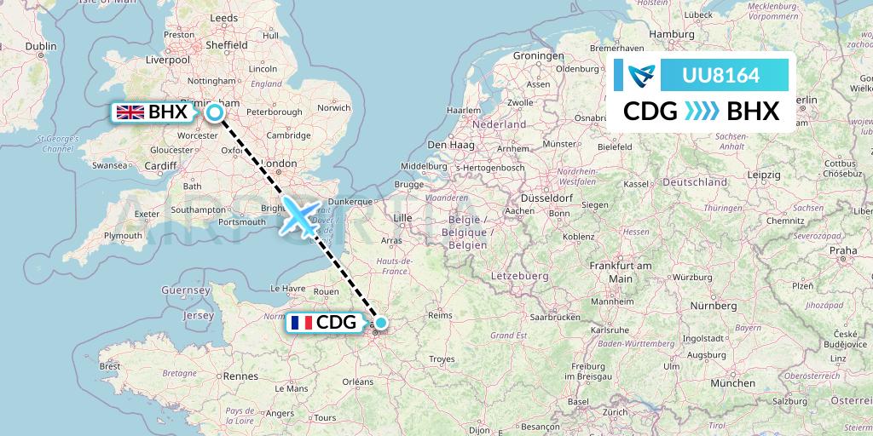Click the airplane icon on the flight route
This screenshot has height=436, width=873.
pos(299,216)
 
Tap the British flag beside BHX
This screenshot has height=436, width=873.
pos(130,112)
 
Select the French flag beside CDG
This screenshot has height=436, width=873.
pos(300,323)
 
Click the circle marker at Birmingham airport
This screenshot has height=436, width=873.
pos(215,112)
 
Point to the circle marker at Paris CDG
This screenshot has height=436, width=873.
pos(381,323)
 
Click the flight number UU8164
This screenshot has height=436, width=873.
pos(721,76)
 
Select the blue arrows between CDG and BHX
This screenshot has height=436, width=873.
pos(702,111)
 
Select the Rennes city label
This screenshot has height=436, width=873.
pos(241,376)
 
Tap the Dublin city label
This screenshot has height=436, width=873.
pos(40,46)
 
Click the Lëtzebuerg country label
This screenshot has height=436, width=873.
pos(519,277)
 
